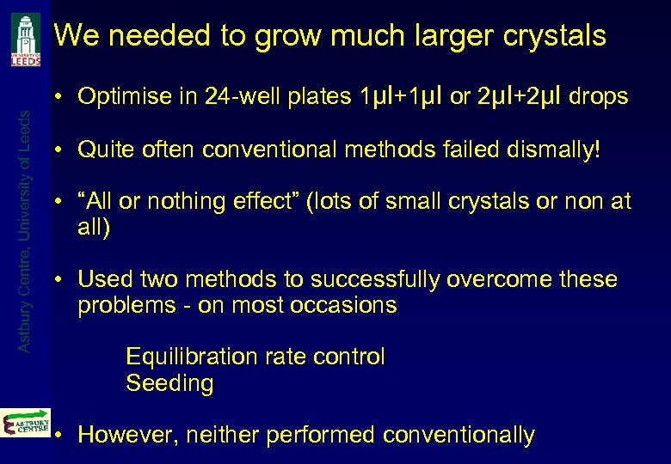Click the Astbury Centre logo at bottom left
[x=26, y=423]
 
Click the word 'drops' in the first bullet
[x=599, y=97]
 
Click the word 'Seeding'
[x=169, y=383]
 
